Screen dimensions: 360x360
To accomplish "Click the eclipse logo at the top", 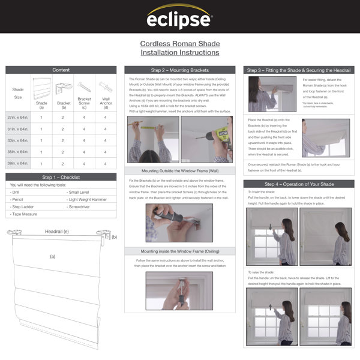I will tap(179, 17).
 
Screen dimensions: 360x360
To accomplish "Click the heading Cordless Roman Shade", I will tap(179, 44).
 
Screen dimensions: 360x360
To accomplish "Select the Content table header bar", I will tap(61, 70).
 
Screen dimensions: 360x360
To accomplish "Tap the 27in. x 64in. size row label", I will tap(19, 118).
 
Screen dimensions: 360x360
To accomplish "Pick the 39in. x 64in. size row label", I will tap(19, 163).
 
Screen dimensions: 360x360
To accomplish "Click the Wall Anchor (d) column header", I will tap(106, 94).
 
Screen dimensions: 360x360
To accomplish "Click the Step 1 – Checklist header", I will tap(61, 178).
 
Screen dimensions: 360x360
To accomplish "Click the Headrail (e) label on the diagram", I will tap(57, 231).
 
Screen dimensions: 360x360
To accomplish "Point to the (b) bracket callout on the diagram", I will tap(114, 237).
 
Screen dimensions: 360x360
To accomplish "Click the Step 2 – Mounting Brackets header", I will tap(180, 70).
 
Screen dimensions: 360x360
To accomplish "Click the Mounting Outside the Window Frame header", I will tap(180, 170).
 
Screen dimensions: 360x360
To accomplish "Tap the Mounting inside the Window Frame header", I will tap(180, 251).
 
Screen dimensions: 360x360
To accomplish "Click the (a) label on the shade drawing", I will tap(52, 256).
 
